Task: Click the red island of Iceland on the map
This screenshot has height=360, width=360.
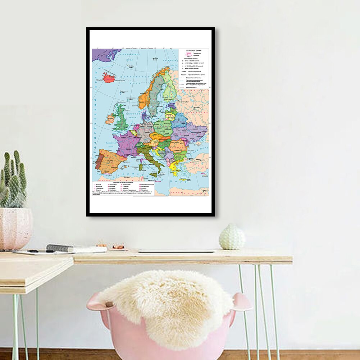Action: [109, 77]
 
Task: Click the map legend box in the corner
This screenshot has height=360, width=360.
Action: [194, 68]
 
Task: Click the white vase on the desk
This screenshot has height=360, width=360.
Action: [232, 237]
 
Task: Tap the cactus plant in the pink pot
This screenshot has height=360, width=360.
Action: [14, 180]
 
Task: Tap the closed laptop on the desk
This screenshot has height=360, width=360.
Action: [176, 251]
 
